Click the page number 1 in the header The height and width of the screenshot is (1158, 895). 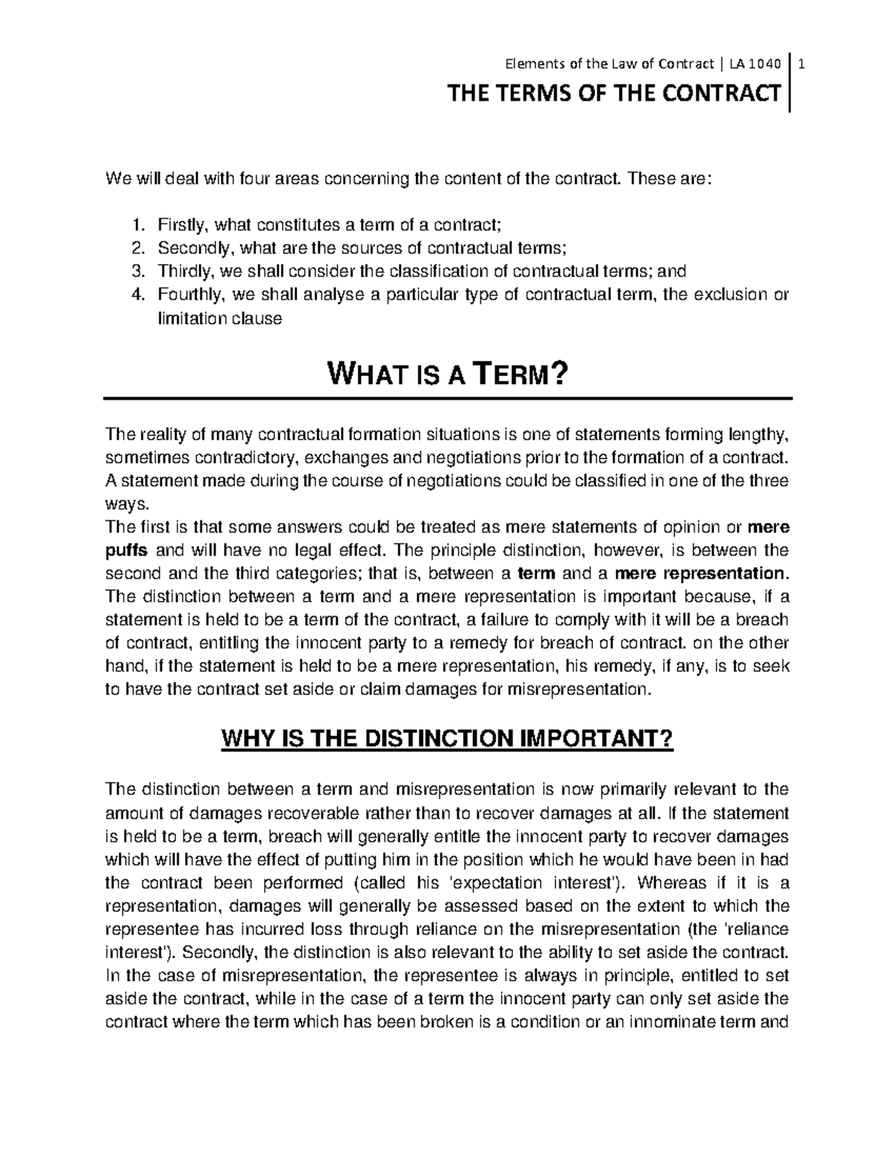802,65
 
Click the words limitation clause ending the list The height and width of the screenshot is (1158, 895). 219,318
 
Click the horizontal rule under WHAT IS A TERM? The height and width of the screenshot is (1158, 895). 447,399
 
